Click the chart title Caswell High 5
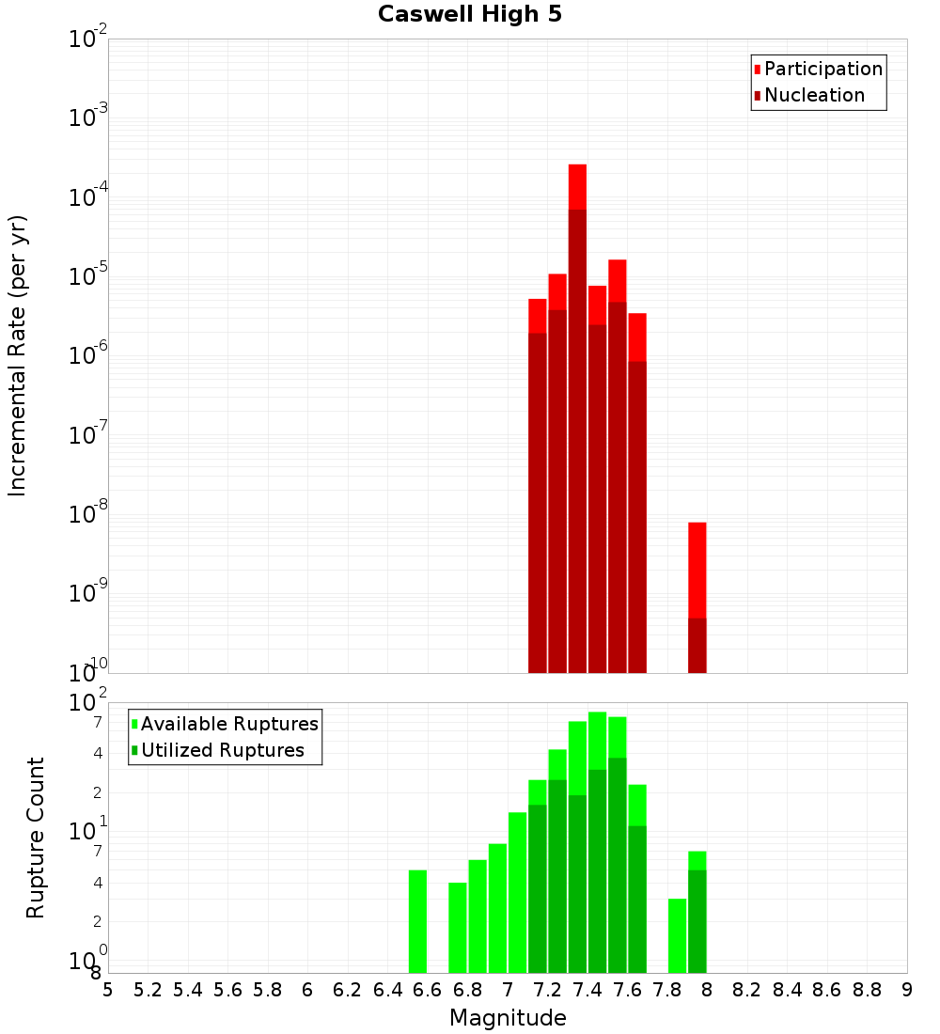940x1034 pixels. coord(470,15)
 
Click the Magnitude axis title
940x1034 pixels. coord(508,1018)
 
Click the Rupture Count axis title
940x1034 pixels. coord(36,838)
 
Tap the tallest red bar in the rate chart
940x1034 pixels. coord(577,414)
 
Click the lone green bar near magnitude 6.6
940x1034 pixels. coord(418,921)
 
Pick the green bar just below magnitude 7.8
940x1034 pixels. coord(678,935)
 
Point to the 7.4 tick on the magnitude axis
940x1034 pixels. coord(587,989)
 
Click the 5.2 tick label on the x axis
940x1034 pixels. coord(149,989)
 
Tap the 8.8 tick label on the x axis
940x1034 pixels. coord(867,989)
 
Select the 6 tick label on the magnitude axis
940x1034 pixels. coord(307,989)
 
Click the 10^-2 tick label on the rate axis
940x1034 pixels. coord(88,39)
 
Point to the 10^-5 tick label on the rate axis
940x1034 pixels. coord(88,277)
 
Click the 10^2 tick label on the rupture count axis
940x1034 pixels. coord(88,703)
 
